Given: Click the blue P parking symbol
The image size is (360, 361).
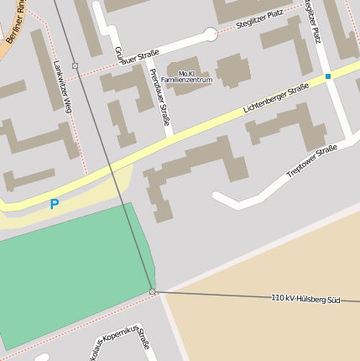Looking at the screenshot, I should pyautogui.click(x=55, y=204).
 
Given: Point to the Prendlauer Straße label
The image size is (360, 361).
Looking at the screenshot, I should pyautogui.click(x=159, y=97).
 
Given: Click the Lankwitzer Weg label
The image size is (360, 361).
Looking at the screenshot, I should pyautogui.click(x=62, y=85).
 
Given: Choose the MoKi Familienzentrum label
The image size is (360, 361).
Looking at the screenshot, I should pyautogui.click(x=186, y=76).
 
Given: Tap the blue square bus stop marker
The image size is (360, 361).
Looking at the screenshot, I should pyautogui.click(x=328, y=76).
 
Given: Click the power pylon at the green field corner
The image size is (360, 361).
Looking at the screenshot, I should pyautogui.click(x=152, y=292).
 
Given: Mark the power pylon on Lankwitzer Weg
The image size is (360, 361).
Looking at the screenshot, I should pyautogui.click(x=75, y=65).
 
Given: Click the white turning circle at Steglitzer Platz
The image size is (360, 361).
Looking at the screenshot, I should pyautogui.click(x=210, y=34).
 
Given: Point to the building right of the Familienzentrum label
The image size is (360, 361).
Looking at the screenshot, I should pyautogui.click(x=234, y=70).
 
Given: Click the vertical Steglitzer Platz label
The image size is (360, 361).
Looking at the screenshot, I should pyautogui.click(x=313, y=20).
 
